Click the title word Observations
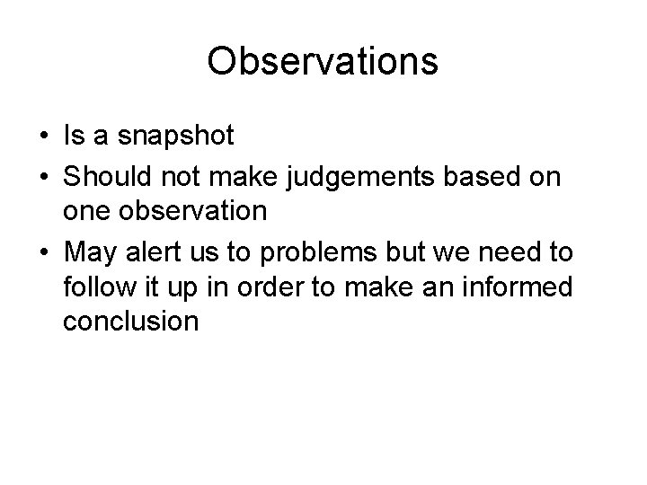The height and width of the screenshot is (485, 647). point(323,62)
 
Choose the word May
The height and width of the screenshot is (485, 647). point(89,252)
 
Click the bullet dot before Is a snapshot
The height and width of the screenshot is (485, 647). point(43,137)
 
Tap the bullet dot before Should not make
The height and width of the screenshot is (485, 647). point(43,177)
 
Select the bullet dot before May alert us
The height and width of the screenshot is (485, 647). point(43,251)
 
